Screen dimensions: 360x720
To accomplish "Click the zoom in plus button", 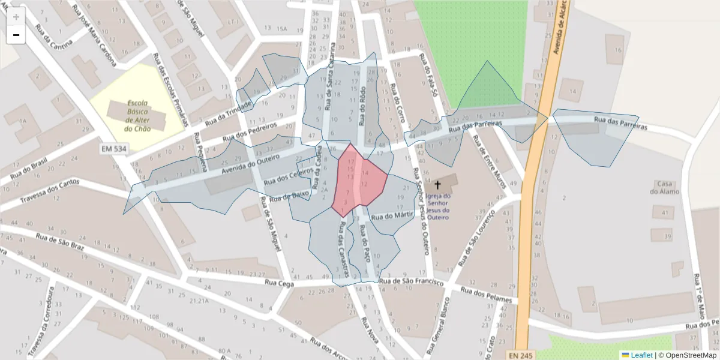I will (16, 17).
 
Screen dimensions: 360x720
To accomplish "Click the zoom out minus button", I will (16, 35).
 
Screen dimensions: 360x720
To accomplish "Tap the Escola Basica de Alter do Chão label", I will (137, 116).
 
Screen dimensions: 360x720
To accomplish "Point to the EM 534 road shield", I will (115, 147).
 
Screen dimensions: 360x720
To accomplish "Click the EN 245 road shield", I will (521, 355).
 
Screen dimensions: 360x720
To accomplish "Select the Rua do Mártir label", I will (393, 215).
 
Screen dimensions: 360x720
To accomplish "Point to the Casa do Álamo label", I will (665, 187).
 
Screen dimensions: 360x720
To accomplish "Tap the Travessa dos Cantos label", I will (49, 191).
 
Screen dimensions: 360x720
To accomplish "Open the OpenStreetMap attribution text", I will (687, 355).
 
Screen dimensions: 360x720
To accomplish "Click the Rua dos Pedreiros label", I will (250, 133).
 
